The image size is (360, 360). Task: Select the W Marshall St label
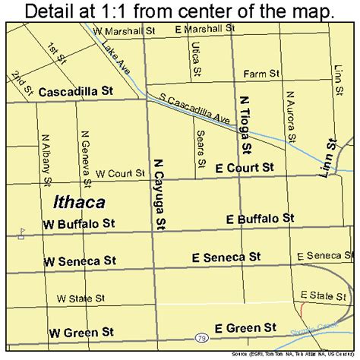[x=120, y=31]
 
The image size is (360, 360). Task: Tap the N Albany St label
[x=46, y=161]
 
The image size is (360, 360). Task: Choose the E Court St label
[x=244, y=167]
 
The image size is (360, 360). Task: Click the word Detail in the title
[x=51, y=11]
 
